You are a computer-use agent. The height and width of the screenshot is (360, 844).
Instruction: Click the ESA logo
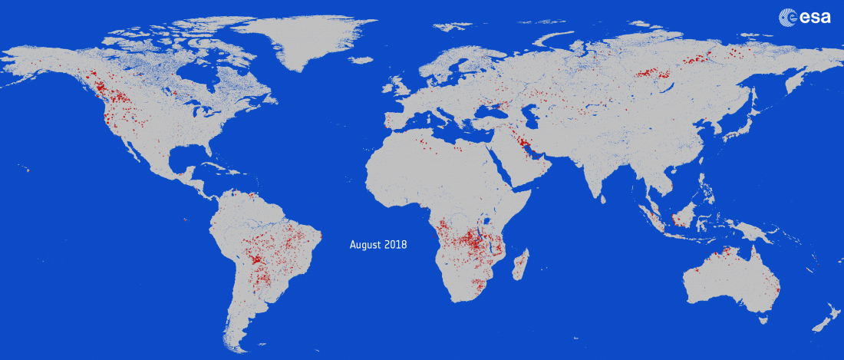click(805, 17)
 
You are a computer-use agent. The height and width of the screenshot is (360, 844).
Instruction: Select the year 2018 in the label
click(397, 245)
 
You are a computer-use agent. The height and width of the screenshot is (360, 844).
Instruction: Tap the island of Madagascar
click(519, 265)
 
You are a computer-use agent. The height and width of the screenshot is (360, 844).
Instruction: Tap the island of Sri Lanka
click(603, 198)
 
